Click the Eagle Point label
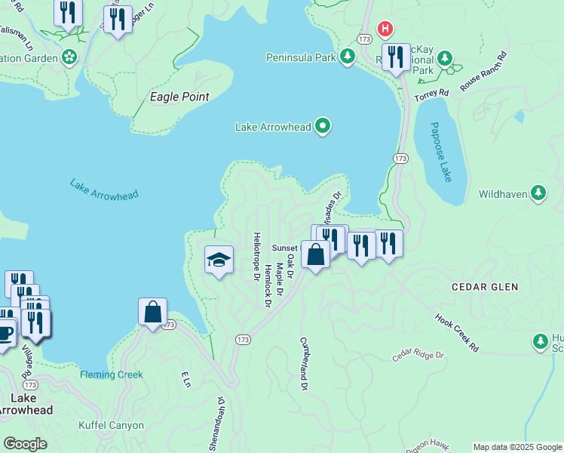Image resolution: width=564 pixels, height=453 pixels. [179, 97]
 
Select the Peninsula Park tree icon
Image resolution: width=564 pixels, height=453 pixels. [348, 57]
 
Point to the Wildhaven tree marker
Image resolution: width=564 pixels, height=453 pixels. [538, 194]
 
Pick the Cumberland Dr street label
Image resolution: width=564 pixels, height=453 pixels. [304, 364]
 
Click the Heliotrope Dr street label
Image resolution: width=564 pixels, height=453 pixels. [256, 256]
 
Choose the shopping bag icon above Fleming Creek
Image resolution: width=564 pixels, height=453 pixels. [152, 312]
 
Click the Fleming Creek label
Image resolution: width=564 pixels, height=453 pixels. [112, 374]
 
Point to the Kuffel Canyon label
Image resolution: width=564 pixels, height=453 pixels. [112, 425]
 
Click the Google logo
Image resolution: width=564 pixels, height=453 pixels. [26, 444]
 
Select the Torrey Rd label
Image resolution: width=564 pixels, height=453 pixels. [434, 93]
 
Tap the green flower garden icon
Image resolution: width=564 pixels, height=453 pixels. [69, 57]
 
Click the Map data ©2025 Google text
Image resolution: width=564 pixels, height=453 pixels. [516, 447]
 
